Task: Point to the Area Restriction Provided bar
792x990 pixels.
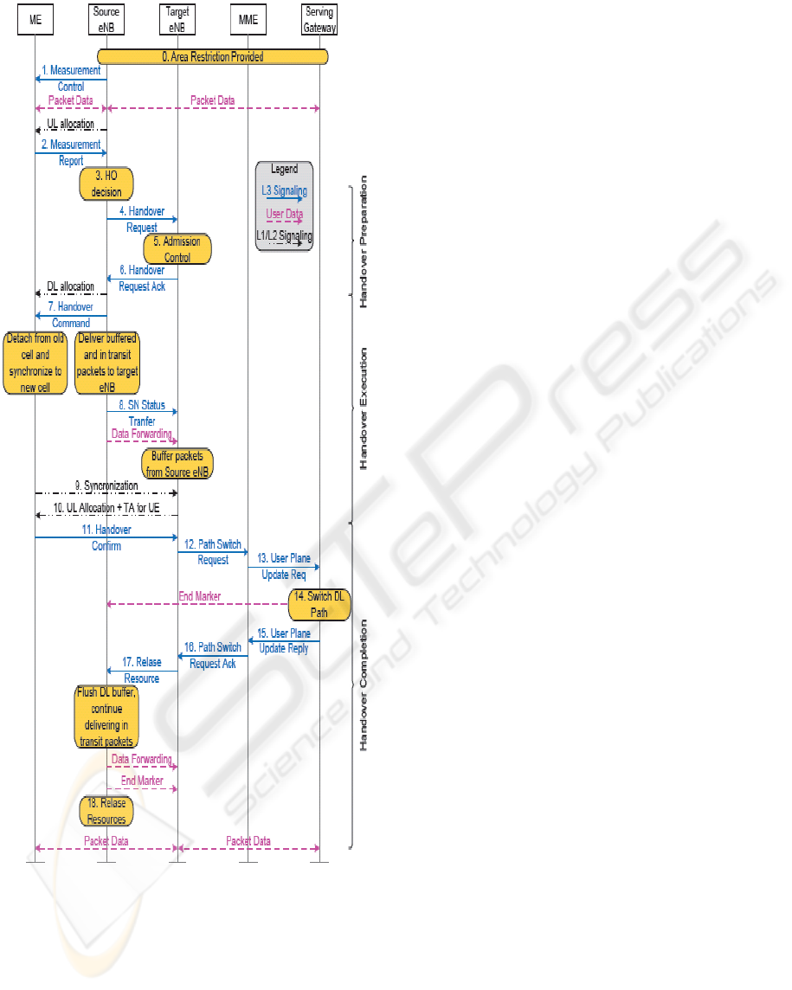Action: coord(213,56)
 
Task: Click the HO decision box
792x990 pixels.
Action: coord(106,184)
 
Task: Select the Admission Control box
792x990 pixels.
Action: coord(177,248)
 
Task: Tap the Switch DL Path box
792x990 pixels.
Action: coord(319,603)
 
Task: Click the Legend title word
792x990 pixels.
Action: coord(284,170)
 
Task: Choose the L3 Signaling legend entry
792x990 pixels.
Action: coord(284,190)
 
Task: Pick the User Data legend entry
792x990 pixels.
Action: coord(284,213)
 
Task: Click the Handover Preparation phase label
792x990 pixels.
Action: coord(364,241)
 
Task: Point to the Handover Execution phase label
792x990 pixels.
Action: coord(364,408)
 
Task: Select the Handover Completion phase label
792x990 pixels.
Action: coord(364,685)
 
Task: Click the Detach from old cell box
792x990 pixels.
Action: coord(35,363)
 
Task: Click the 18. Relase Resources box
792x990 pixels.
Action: coord(106,811)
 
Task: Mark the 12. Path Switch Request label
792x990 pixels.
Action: coord(212,552)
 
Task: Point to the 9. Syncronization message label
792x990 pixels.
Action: coord(106,486)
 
